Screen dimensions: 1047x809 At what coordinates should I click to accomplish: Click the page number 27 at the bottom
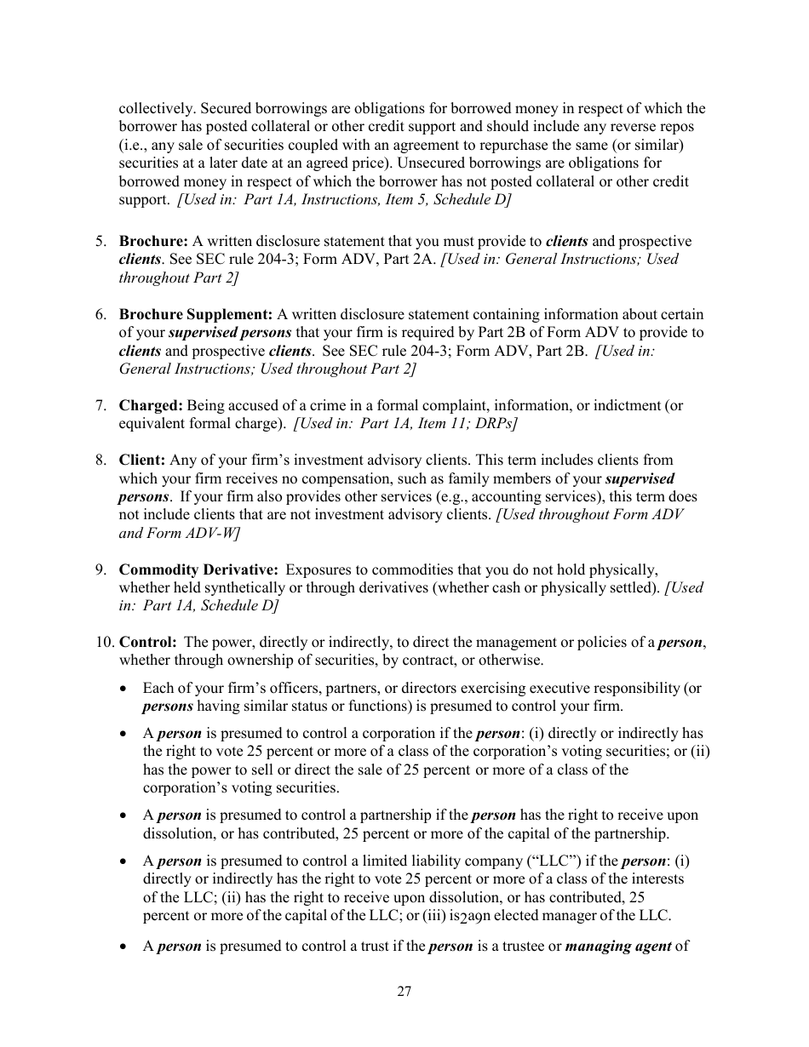tap(404, 991)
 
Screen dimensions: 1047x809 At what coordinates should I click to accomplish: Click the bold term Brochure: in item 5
tap(153, 241)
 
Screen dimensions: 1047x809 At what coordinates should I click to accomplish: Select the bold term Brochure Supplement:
tap(196, 315)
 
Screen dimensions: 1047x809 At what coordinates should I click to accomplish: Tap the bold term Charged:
tap(151, 405)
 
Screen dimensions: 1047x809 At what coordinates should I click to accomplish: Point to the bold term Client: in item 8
tap(142, 460)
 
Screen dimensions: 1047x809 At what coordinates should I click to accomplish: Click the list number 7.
tap(100, 405)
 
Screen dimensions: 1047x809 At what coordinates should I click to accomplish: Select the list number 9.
tap(100, 569)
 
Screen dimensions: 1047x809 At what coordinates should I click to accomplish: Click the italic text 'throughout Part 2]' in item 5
tap(178, 277)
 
